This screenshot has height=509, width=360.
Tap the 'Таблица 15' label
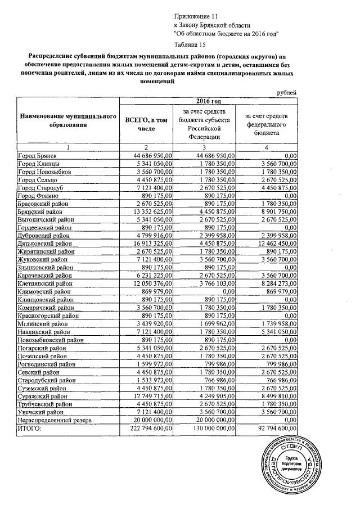tap(191, 43)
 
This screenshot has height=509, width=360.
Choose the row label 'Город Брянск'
tap(37, 155)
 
